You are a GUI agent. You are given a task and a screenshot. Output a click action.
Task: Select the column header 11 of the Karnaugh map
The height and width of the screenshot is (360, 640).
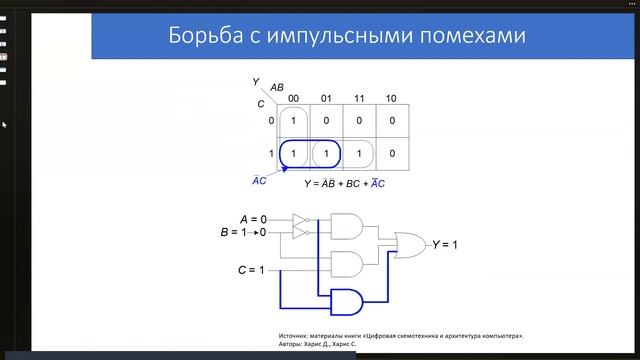click(x=358, y=98)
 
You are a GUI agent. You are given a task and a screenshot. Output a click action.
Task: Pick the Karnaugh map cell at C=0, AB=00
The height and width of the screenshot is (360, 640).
click(x=293, y=121)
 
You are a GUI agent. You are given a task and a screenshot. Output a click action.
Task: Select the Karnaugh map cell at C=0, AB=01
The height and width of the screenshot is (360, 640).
click(x=326, y=121)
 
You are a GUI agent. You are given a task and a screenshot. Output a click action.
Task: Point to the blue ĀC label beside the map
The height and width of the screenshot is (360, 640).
click(x=258, y=181)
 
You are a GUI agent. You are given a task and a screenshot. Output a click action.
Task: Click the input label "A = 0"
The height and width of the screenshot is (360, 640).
click(x=254, y=218)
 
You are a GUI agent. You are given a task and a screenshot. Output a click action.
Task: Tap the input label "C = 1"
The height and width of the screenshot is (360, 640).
click(x=252, y=271)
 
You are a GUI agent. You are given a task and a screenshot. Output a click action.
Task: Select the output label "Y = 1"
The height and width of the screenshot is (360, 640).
click(x=444, y=243)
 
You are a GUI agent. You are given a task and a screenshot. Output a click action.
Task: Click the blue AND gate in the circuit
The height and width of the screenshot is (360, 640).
click(x=347, y=300)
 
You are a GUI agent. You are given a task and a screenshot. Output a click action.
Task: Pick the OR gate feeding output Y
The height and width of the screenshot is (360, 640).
click(x=410, y=243)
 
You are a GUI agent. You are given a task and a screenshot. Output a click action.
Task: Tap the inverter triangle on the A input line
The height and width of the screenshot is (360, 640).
click(x=300, y=218)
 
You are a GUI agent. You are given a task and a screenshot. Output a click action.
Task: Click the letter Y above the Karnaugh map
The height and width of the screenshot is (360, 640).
click(x=256, y=80)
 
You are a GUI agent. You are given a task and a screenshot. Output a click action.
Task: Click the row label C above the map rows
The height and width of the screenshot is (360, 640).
click(x=261, y=103)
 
